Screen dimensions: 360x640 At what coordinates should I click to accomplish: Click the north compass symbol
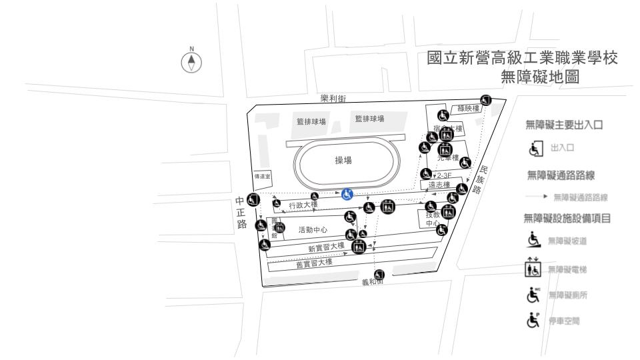193,61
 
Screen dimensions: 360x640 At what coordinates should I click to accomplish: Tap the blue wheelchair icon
347,194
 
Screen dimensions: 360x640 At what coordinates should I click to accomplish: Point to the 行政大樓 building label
303,205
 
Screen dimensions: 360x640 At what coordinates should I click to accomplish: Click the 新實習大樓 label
326,248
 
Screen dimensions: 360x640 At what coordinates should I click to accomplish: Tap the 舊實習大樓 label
314,263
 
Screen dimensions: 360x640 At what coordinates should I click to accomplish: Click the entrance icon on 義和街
380,275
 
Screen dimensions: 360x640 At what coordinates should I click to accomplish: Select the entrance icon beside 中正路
252,199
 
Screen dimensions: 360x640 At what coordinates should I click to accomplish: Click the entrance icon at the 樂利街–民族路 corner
486,100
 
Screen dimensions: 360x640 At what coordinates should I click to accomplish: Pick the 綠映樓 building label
468,108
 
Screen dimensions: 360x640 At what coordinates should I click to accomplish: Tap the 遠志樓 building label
439,185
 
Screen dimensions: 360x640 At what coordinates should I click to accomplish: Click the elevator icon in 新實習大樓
359,247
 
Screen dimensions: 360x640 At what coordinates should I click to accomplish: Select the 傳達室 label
260,177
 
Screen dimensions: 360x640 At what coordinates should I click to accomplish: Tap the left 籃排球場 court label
311,122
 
